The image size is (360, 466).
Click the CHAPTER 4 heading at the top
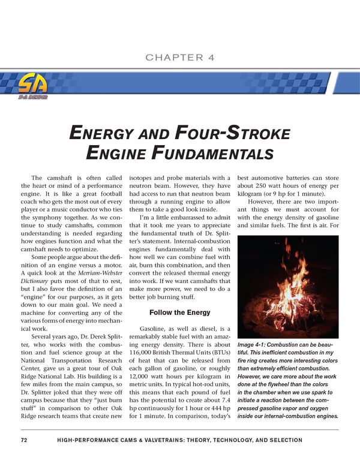pos(180,58)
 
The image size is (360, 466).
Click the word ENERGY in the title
pos(102,133)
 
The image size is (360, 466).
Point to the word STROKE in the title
pos(236,133)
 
